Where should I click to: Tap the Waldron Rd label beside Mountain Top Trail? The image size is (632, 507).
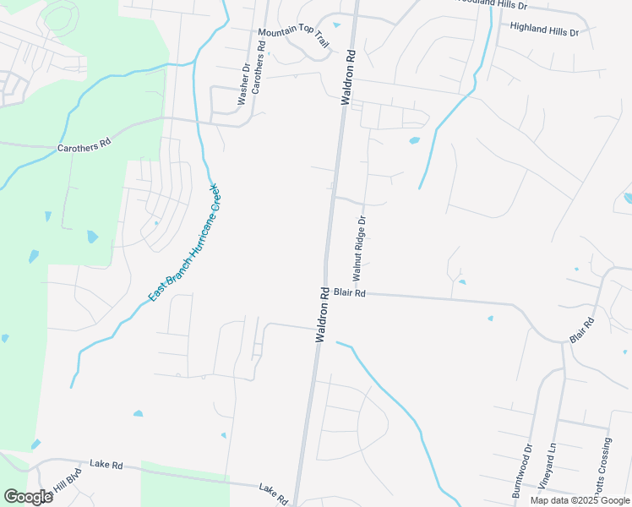348,77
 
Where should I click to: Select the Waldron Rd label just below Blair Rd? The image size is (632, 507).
323,315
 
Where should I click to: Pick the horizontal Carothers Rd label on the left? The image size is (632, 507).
84,146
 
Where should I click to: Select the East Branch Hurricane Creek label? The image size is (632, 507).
183,243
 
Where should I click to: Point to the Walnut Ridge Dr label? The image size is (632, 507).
360,248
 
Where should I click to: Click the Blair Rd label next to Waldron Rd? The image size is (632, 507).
349,293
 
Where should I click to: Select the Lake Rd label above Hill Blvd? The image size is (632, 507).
106,465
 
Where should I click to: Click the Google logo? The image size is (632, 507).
27,497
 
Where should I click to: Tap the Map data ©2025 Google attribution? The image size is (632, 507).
580,500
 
